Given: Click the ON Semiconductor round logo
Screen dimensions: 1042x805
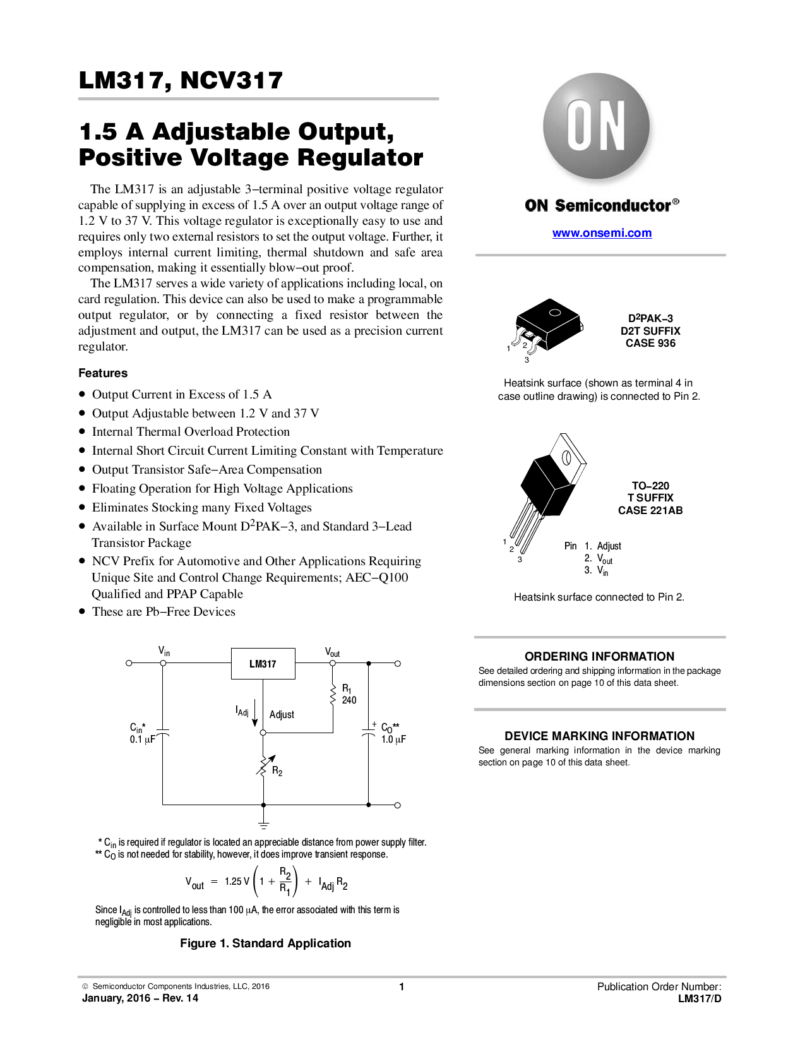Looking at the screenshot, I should point(596,126).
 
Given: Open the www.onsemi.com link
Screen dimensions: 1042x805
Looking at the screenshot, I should point(602,233).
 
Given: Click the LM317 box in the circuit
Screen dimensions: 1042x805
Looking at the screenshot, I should point(263,664).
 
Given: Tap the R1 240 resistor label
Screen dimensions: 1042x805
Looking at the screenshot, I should point(349,694).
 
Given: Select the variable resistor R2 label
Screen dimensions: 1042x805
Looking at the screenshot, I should point(277,771).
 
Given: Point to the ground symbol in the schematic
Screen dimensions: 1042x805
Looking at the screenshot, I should point(263,824).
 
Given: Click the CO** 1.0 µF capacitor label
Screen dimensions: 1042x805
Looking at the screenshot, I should point(393,733).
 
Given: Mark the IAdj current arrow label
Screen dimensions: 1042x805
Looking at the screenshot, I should point(242,711).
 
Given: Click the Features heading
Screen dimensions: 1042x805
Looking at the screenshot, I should point(103,373).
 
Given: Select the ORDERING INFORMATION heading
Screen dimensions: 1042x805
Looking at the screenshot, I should point(599,656).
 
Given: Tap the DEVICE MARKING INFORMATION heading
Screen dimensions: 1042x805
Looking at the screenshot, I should point(599,736).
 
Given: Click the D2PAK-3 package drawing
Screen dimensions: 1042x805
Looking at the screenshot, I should point(547,325).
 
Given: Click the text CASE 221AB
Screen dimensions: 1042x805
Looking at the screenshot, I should point(650,510).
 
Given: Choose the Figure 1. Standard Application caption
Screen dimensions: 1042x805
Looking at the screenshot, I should point(265,943).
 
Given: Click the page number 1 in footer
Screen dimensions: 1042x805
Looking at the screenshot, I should point(402,986).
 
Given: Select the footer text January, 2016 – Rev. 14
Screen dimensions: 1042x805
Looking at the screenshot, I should point(140,998).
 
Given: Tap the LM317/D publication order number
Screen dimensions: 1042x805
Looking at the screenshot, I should point(700,998).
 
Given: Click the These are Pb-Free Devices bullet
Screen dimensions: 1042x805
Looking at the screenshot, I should point(164,611).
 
